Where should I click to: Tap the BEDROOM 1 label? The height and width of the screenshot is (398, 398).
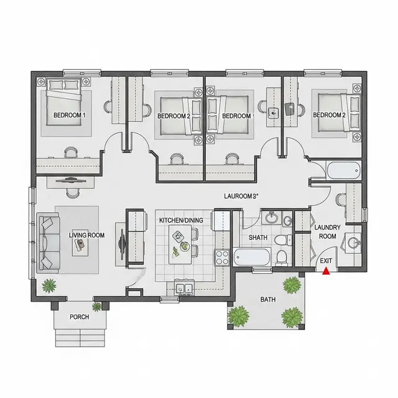(69, 115)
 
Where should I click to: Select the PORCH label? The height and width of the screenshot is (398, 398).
(80, 317)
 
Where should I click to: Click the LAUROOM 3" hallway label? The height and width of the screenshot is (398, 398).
(241, 197)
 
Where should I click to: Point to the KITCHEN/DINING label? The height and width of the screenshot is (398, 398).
(181, 220)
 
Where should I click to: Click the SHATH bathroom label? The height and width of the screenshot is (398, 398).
(258, 238)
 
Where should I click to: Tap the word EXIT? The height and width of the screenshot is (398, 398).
(326, 261)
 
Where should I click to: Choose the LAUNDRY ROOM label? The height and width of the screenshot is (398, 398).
(328, 232)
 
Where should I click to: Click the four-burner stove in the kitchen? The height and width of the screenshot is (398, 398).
(222, 257)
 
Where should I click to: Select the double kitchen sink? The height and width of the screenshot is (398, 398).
(185, 287)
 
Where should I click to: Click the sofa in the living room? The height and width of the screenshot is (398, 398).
(49, 243)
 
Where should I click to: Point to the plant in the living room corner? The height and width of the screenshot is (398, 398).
(49, 285)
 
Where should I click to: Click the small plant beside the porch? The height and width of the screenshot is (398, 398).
(96, 307)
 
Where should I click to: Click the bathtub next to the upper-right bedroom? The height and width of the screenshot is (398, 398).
(344, 170)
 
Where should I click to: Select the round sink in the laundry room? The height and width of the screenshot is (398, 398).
(353, 243)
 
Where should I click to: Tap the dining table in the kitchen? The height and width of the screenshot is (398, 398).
(180, 244)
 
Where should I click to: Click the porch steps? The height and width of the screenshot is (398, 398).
(80, 338)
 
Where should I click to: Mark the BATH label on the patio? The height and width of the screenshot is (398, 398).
(268, 300)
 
